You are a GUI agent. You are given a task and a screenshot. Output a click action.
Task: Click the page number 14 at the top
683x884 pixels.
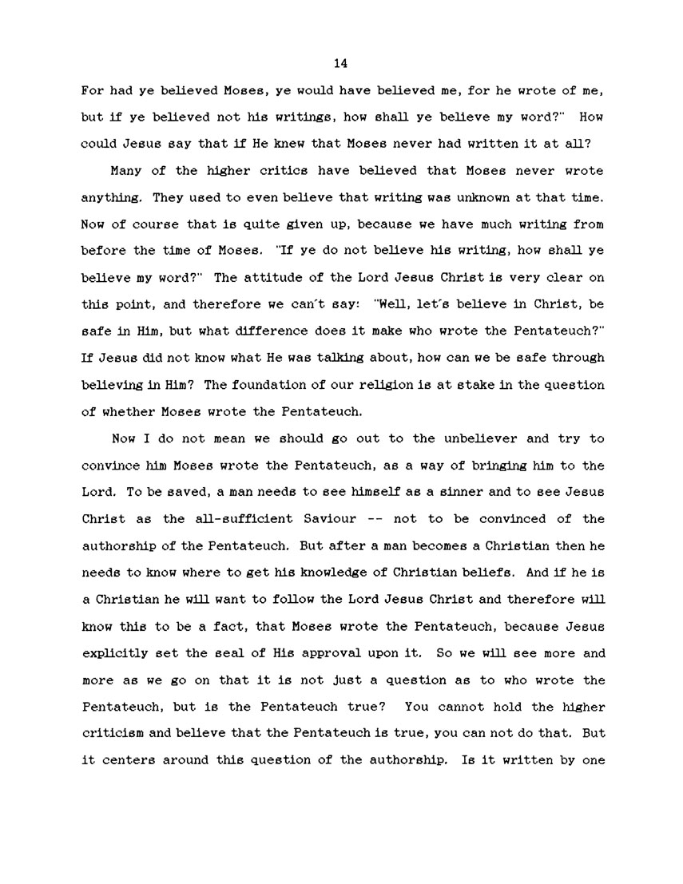pyautogui.click(x=340, y=63)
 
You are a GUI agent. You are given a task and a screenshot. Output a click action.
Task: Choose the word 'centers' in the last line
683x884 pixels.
pyautogui.click(x=133, y=760)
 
